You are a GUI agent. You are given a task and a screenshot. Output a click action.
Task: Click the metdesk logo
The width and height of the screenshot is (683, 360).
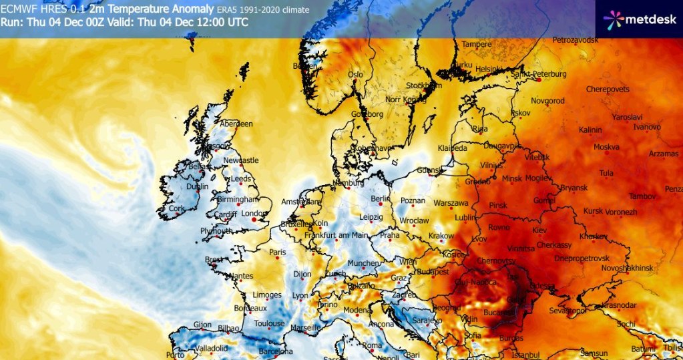(639, 19)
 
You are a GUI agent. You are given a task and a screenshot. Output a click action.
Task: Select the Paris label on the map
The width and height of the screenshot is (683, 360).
(277, 252)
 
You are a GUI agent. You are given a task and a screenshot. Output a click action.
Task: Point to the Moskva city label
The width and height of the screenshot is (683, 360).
(606, 146)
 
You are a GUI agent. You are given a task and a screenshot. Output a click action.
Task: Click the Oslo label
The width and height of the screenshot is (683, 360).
(355, 74)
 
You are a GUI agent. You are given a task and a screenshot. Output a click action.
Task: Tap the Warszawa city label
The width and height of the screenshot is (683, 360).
(451, 202)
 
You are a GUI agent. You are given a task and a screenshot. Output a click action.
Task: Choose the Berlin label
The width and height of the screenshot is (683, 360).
(380, 198)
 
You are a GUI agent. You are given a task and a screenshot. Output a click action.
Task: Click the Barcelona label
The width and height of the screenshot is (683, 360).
(275, 351)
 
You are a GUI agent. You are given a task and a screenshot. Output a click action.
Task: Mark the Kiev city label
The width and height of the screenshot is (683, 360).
(539, 230)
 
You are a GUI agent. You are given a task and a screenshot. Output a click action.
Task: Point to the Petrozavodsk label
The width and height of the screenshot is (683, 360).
(578, 41)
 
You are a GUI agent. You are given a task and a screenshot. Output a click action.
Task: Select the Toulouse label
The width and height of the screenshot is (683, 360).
(269, 324)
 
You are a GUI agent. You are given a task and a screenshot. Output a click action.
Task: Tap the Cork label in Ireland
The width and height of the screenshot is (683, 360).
(176, 208)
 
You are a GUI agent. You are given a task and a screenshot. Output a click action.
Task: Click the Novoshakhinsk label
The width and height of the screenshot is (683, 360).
(626, 266)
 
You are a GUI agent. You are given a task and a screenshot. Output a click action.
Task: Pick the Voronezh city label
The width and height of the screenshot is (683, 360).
(620, 211)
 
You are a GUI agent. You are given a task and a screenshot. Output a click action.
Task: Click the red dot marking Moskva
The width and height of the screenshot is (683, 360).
(606, 153)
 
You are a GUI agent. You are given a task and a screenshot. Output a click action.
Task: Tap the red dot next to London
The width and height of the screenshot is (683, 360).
(254, 218)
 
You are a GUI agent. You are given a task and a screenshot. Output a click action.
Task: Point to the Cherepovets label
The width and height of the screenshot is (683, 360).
(607, 89)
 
